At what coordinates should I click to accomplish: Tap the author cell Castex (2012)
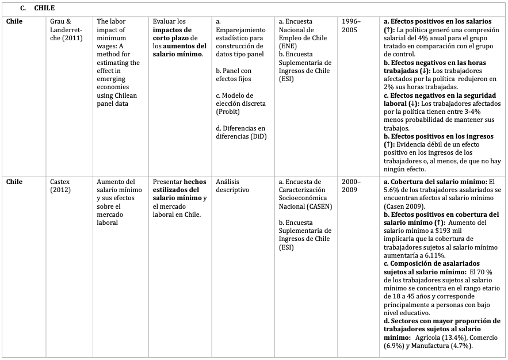pyautogui.click(x=61, y=185)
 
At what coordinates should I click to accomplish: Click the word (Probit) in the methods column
pyautogui.click(x=228, y=112)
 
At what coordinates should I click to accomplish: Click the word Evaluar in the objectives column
pyautogui.click(x=165, y=21)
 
